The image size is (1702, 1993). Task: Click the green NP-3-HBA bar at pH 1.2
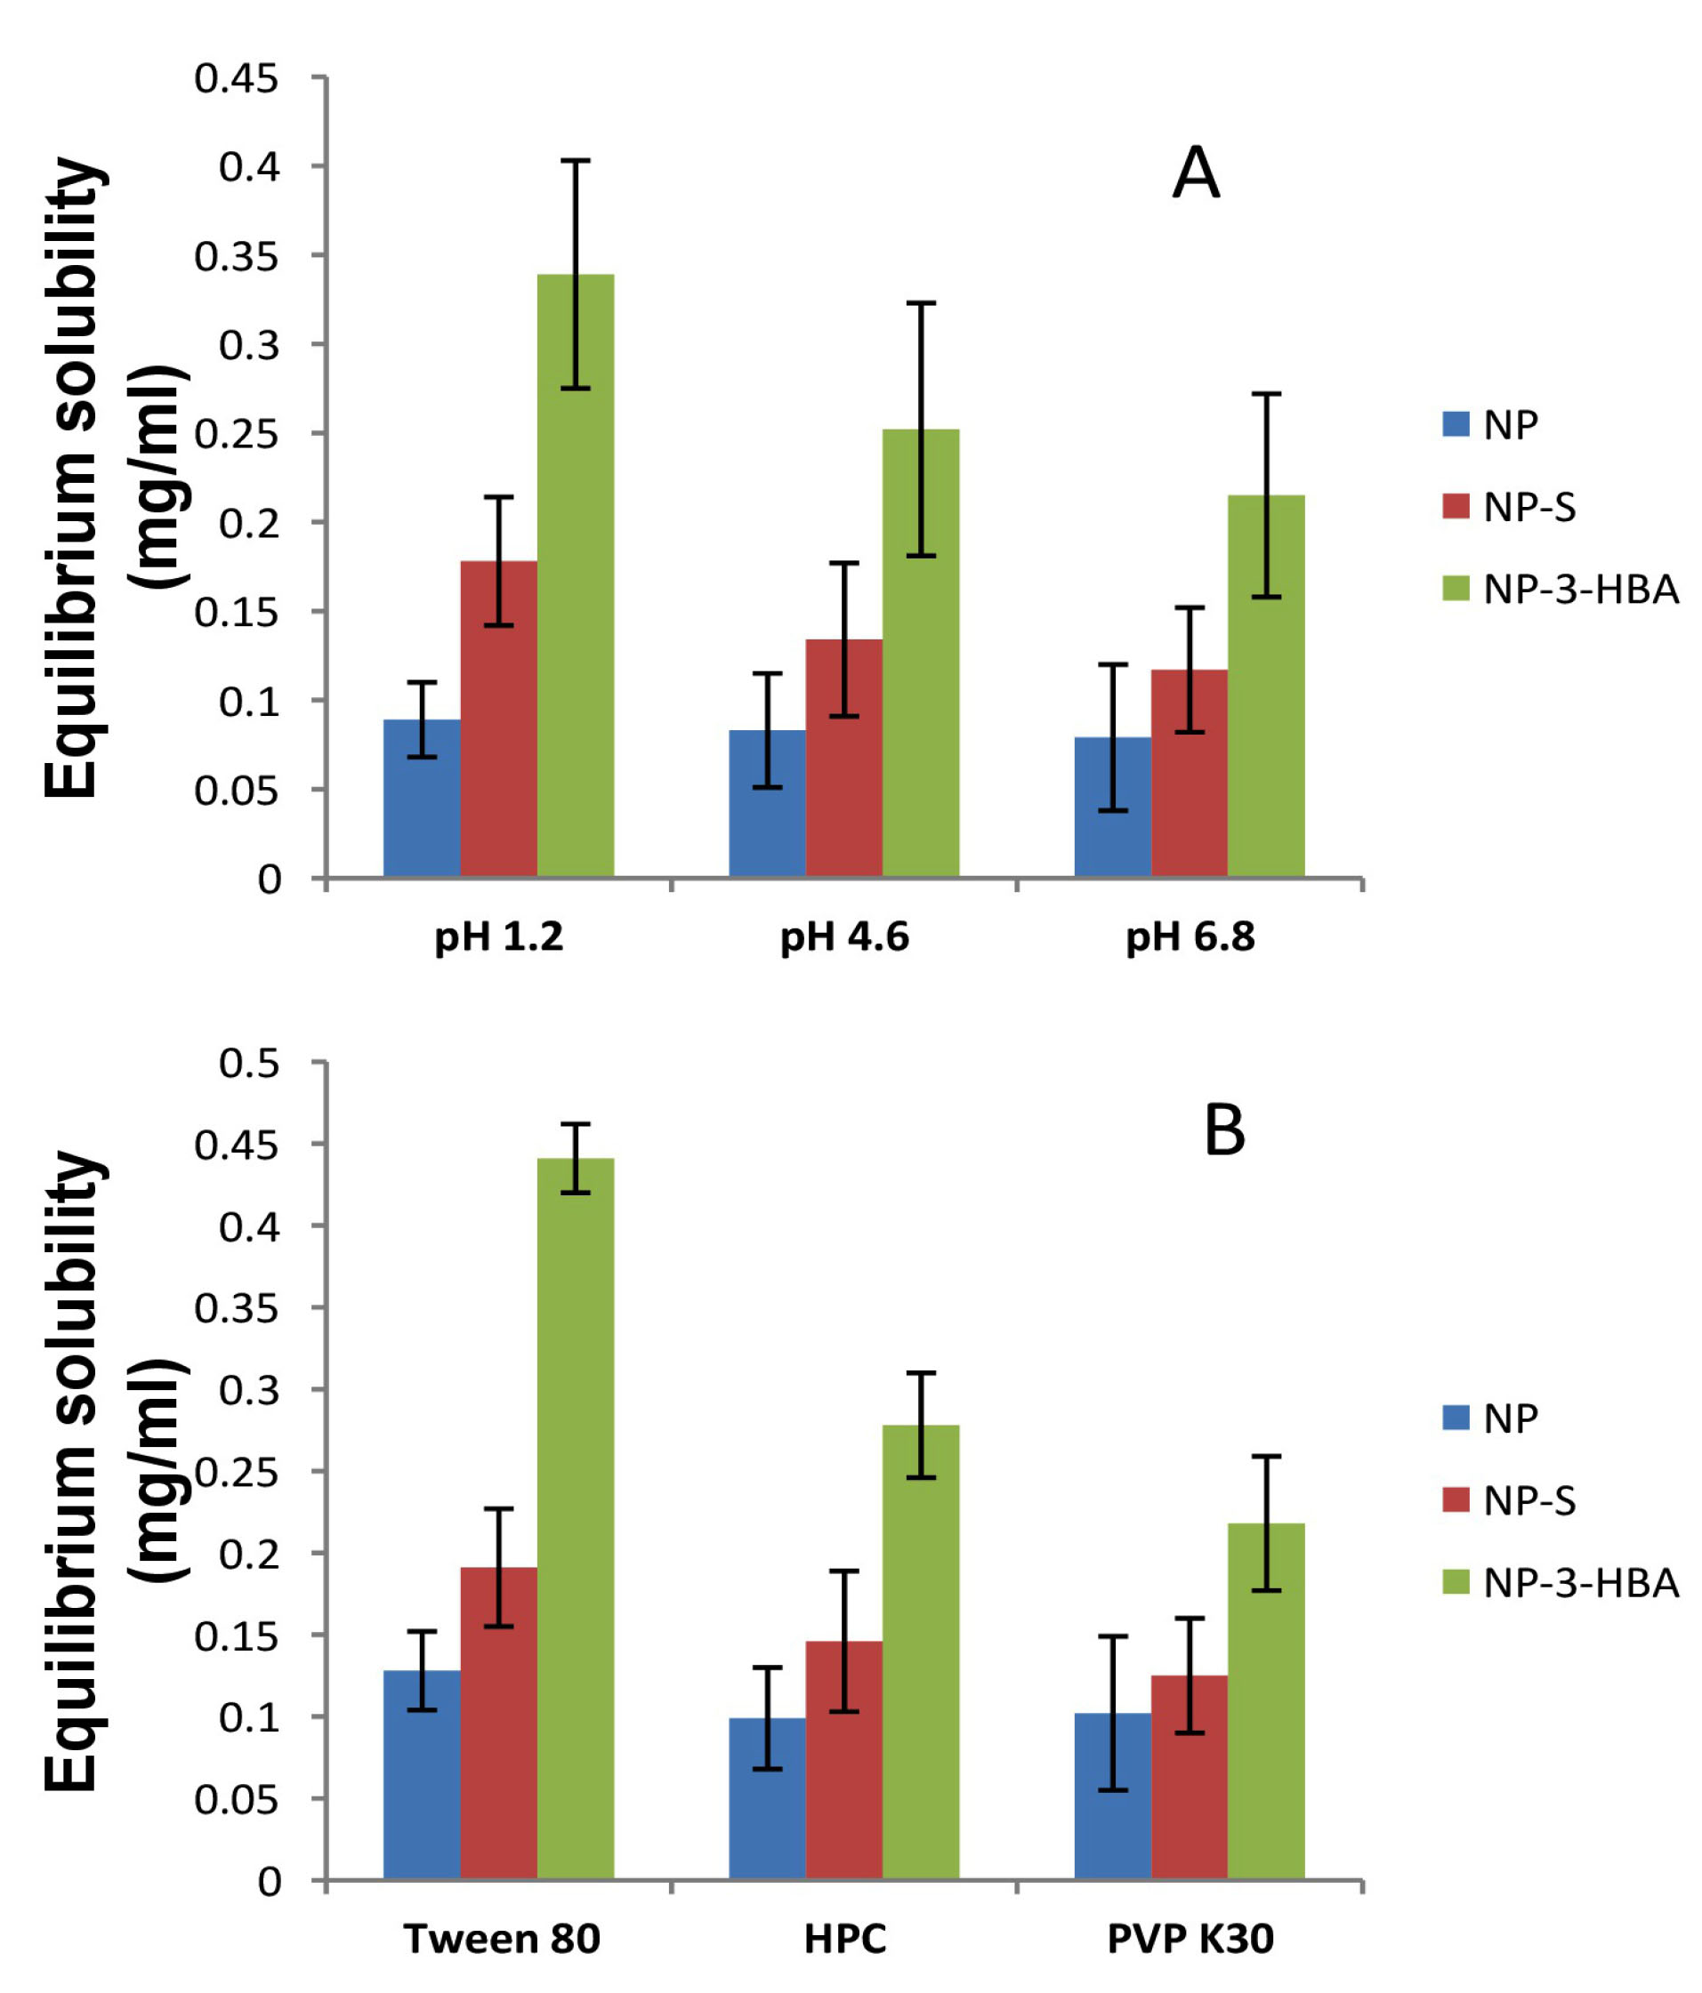tap(576, 577)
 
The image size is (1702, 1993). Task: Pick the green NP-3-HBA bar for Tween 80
tap(576, 1520)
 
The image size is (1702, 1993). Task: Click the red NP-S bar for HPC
tap(843, 1760)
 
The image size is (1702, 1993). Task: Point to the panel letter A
tap(1196, 173)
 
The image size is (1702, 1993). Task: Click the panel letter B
tap(1224, 1130)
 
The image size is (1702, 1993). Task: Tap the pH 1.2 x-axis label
tap(498, 936)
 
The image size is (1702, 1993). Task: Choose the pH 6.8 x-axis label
tap(1190, 936)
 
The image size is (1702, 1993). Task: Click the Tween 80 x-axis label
tap(501, 1938)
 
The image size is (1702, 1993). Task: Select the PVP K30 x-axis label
tap(1190, 1938)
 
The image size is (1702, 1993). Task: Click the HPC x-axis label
tap(844, 1938)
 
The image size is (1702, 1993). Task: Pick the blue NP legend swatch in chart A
tap(1456, 424)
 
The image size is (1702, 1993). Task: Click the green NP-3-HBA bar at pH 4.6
tap(921, 654)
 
